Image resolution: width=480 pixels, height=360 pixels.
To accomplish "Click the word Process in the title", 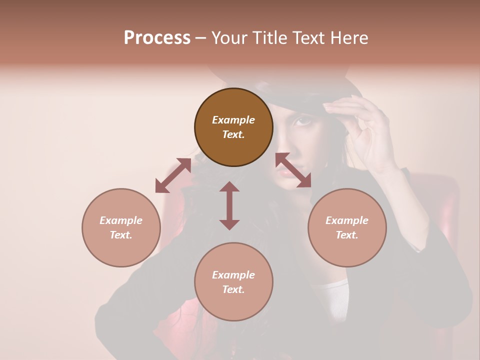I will pos(157,38).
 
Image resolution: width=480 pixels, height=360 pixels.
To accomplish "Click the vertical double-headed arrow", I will pos(229,205).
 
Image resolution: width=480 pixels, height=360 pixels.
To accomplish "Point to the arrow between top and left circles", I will pos(173,175).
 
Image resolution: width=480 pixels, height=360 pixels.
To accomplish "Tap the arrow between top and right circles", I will pos(293,170).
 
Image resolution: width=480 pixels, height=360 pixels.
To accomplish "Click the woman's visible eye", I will pos(303,121).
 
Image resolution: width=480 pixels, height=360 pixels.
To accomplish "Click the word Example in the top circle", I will pos(233,120).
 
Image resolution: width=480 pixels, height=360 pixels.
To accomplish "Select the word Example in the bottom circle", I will pos(233,275).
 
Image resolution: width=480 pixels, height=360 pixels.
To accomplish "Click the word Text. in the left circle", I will pos(121,235).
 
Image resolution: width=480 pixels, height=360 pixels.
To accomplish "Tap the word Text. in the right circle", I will pos(347,235).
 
